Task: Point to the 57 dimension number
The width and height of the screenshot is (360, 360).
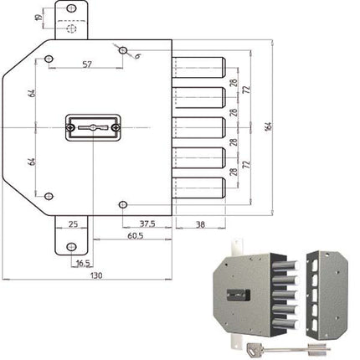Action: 86,64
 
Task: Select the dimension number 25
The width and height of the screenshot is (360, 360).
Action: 73,224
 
